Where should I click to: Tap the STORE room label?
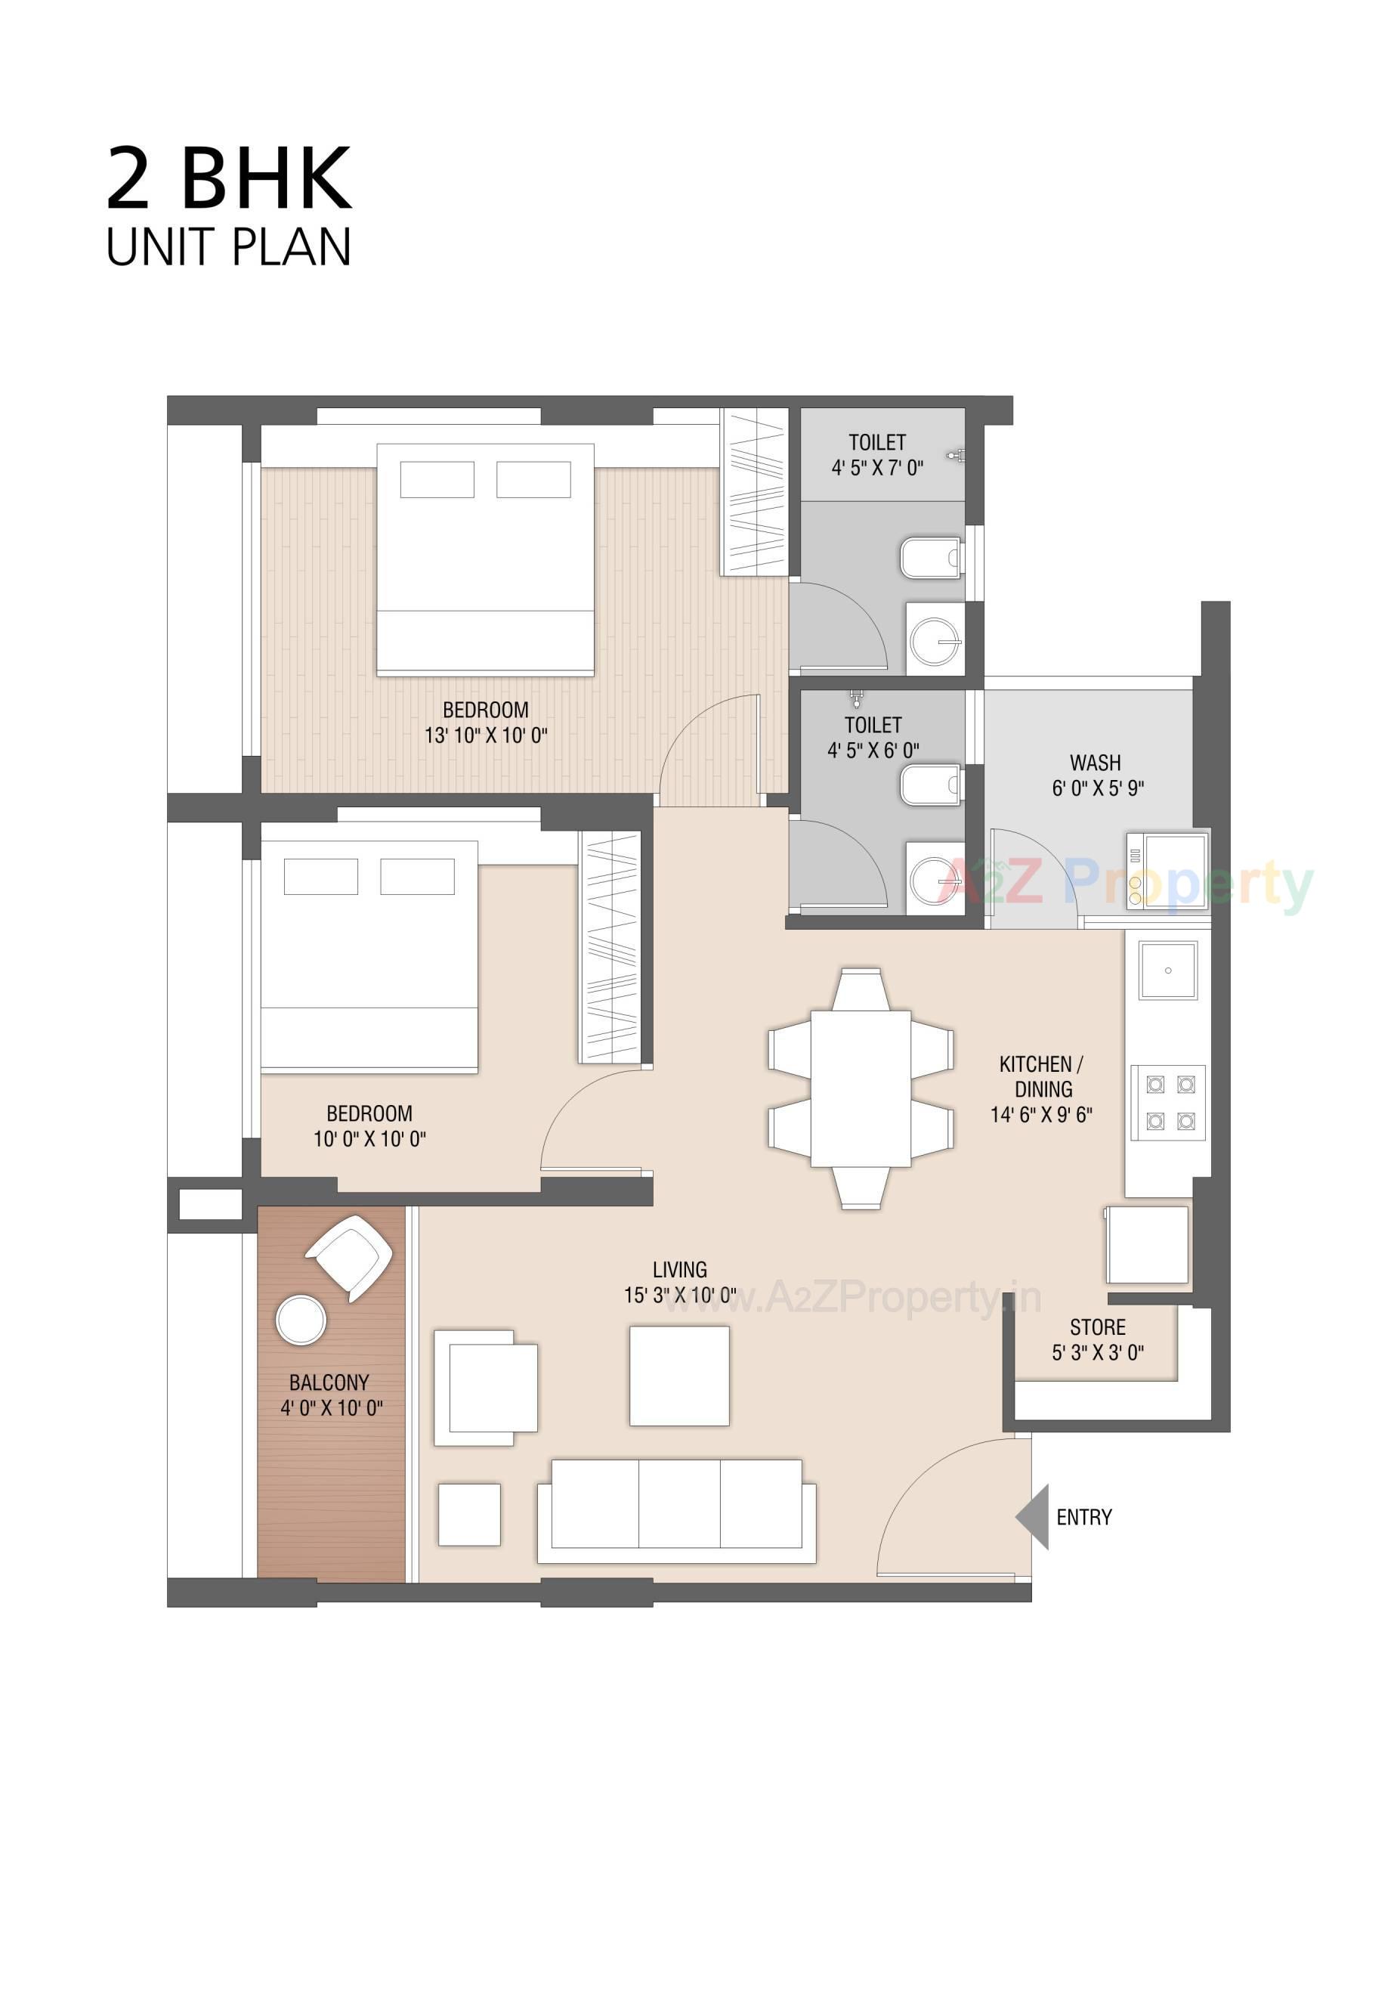click(1097, 1327)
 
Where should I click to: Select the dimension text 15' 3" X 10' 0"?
click(679, 1295)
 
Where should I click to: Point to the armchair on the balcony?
click(350, 1258)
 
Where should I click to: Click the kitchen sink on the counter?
click(1167, 969)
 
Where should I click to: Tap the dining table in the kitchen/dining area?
click(860, 1087)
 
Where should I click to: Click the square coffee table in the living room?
click(678, 1376)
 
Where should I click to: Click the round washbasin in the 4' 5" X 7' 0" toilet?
click(935, 642)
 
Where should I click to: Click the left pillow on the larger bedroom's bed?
click(436, 479)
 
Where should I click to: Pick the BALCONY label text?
click(329, 1382)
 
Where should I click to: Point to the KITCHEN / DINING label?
click(1041, 1076)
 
